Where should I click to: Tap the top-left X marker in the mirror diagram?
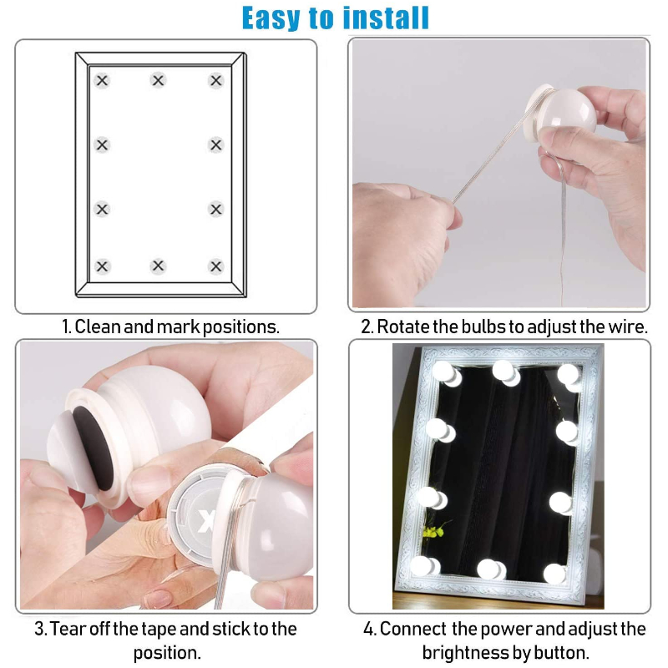click(102, 81)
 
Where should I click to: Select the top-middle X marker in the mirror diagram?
click(158, 81)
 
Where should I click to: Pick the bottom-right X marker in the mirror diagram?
click(216, 266)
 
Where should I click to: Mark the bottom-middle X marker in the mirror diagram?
click(158, 266)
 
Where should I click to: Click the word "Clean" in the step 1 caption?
click(98, 326)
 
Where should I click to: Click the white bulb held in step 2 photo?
click(568, 109)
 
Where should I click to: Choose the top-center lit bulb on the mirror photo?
click(504, 370)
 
